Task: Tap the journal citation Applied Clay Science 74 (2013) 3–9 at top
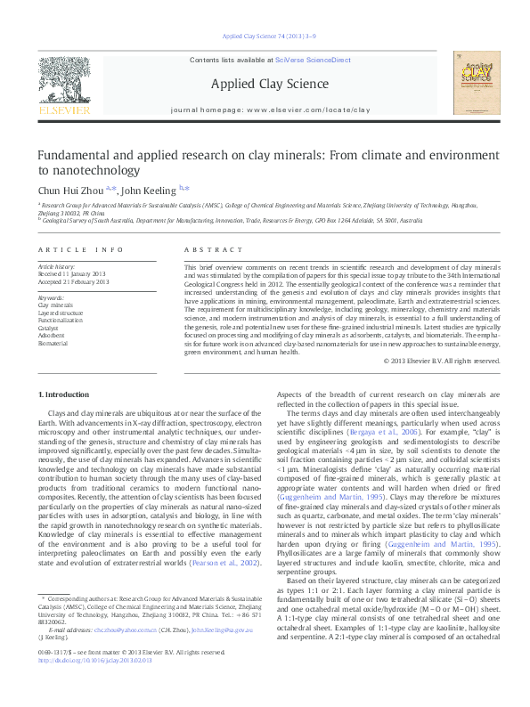[265, 37]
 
